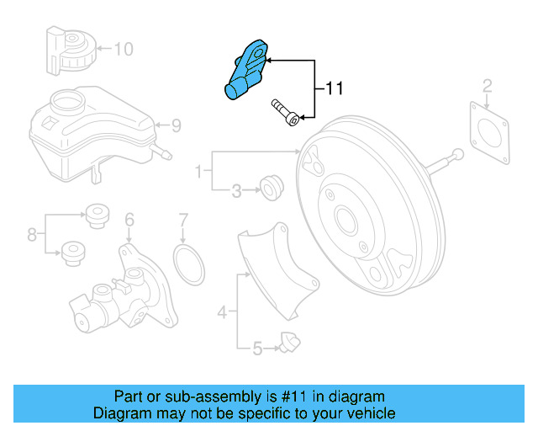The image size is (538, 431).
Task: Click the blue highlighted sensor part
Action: [245, 71]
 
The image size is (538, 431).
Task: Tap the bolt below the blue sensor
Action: [285, 113]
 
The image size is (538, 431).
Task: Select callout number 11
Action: [334, 88]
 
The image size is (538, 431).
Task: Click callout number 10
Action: [124, 49]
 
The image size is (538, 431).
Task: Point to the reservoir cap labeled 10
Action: [71, 51]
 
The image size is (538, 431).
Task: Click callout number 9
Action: [176, 125]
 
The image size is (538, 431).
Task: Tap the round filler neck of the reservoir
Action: [67, 100]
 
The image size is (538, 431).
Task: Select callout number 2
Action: [488, 86]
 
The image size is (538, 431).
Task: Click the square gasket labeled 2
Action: [490, 133]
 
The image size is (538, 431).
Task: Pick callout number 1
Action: [198, 171]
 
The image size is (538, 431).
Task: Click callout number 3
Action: [237, 191]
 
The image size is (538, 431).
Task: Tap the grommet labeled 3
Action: [272, 188]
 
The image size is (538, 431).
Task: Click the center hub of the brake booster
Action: [347, 219]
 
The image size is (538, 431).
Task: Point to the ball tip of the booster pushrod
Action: [457, 154]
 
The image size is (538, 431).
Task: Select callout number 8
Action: [32, 235]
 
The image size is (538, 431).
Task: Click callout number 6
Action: [129, 220]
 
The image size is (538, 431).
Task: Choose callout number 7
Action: [183, 221]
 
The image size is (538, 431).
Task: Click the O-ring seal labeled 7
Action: [188, 264]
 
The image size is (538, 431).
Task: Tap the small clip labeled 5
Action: [289, 343]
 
